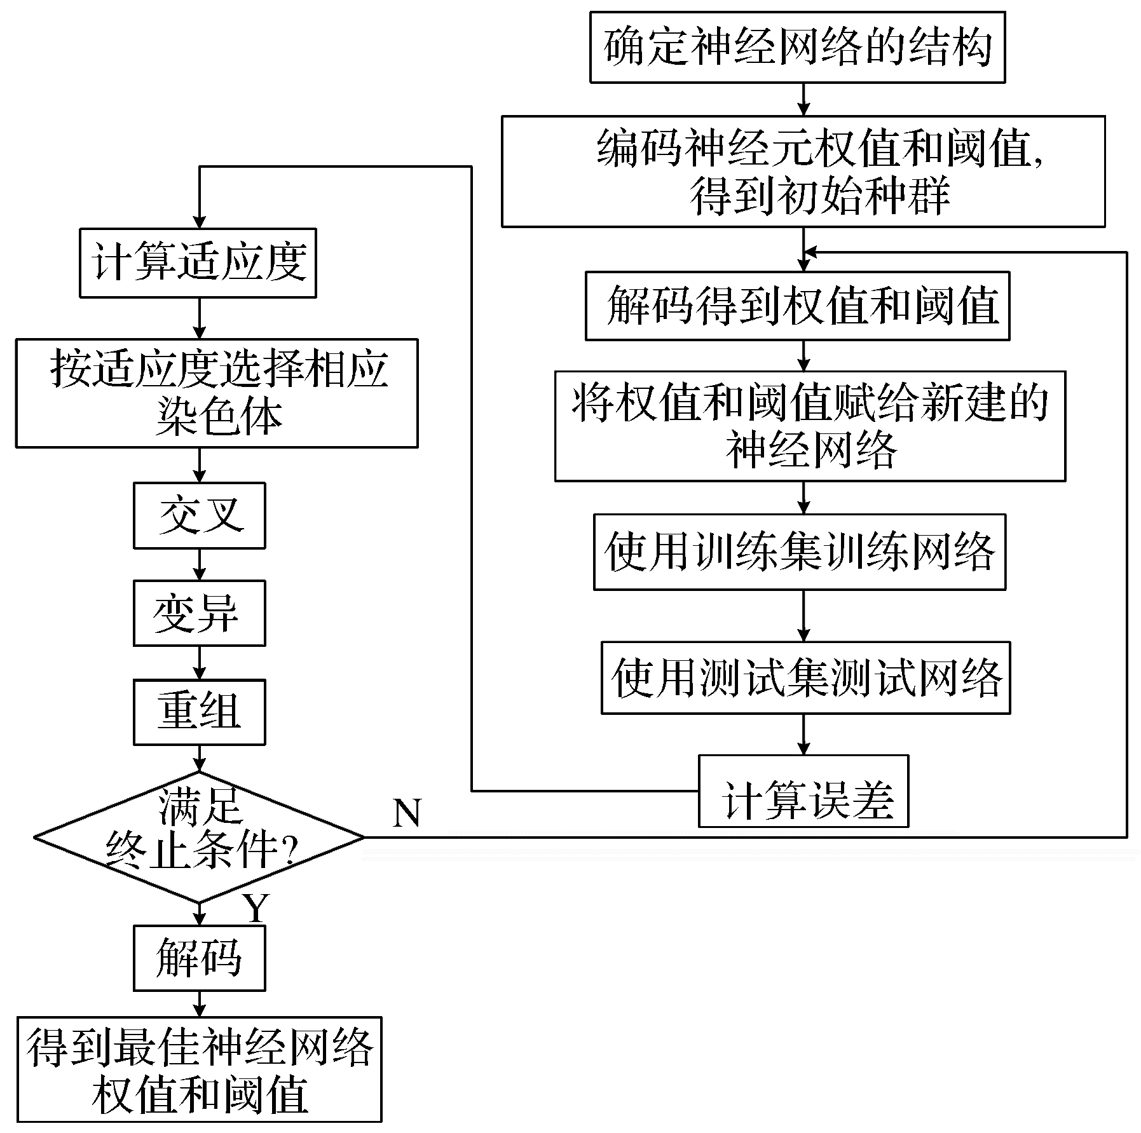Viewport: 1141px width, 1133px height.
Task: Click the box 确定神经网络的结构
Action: [797, 47]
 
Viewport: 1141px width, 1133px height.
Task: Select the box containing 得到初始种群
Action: [803, 171]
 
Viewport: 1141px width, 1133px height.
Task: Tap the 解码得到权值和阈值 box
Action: [797, 306]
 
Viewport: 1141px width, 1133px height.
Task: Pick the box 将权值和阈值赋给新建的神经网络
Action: [810, 426]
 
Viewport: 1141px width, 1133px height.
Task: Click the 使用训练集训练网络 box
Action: [800, 552]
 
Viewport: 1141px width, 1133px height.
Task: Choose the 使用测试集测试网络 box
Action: [805, 678]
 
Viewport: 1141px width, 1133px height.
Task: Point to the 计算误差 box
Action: [803, 791]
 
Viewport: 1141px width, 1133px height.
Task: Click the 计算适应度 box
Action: [198, 263]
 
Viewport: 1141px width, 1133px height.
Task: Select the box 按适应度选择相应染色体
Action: [217, 393]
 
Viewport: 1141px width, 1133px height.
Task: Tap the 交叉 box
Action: [199, 515]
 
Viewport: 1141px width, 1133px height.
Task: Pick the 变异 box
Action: [199, 613]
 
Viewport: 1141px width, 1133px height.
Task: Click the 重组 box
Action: [199, 712]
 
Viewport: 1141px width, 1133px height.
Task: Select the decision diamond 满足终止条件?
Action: [199, 837]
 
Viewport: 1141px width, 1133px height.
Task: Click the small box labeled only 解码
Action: [199, 958]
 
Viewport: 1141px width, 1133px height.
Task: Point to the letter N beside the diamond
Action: [407, 813]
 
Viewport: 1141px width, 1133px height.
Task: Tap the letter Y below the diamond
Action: [257, 909]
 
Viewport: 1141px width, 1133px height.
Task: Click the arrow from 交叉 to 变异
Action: [200, 564]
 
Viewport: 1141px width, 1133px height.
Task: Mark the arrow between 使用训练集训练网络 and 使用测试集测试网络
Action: [804, 616]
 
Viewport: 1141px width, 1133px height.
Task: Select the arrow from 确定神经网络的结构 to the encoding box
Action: [804, 99]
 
